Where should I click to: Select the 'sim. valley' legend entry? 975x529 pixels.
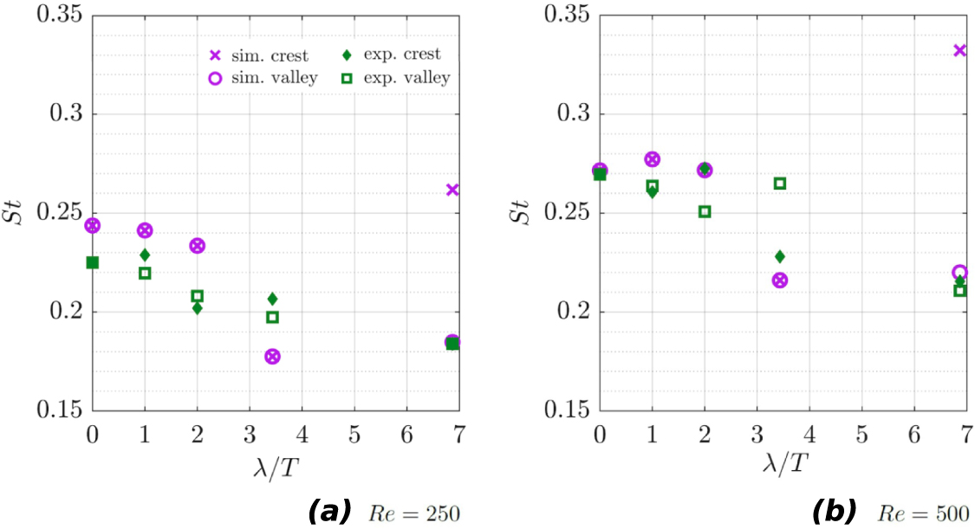(265, 78)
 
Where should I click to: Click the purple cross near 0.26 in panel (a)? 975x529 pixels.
(452, 190)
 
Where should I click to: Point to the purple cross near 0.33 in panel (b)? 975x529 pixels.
(959, 50)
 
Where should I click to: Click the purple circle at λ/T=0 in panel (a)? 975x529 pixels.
(92, 226)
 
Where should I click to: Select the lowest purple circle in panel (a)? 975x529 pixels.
(272, 357)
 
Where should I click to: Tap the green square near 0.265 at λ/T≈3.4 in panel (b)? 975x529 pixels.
(780, 184)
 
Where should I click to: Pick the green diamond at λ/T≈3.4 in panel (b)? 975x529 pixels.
(780, 256)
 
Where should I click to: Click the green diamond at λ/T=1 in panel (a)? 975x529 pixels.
(145, 255)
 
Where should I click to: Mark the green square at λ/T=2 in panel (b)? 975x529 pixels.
(705, 211)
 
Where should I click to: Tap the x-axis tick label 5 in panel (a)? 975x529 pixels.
(354, 432)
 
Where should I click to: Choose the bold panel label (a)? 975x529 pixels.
(329, 512)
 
